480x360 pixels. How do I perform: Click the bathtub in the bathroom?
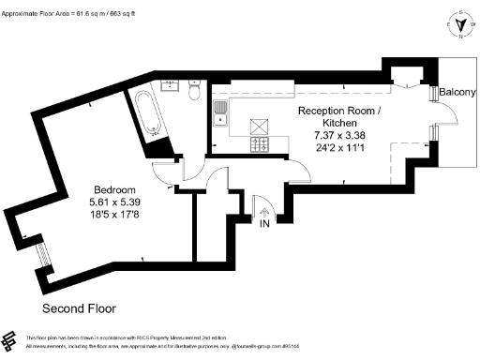[148, 112]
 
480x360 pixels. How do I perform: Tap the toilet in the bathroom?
[193, 93]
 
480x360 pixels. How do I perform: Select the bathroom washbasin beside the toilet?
[172, 86]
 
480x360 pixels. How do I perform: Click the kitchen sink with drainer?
[221, 114]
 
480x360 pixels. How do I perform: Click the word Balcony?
[458, 93]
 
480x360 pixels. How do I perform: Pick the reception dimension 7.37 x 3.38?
[339, 135]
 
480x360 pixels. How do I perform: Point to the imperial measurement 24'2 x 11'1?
[339, 147]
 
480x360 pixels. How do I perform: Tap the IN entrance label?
[264, 225]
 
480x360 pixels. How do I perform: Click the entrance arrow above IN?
[264, 211]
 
